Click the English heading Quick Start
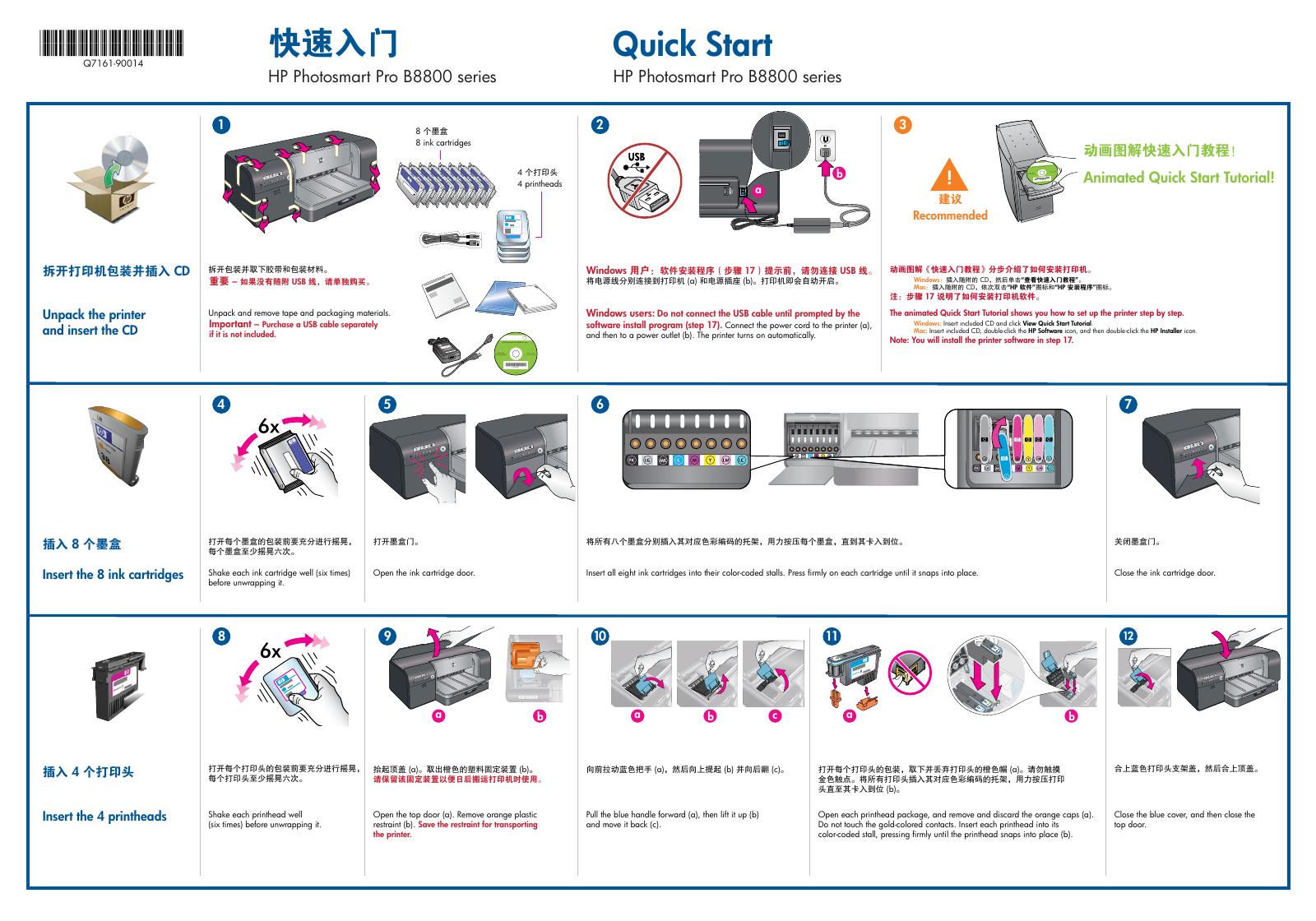click(693, 44)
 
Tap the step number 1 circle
click(220, 125)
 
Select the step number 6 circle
click(600, 404)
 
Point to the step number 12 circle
click(1128, 636)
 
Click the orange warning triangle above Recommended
click(949, 175)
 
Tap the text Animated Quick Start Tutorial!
click(1178, 177)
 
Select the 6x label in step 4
click(269, 428)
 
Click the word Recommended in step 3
click(949, 215)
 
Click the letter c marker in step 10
click(775, 715)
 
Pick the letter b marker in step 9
click(540, 715)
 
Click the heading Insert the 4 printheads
click(104, 816)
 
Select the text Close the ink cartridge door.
click(1164, 572)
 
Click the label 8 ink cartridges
click(443, 142)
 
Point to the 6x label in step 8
click(271, 651)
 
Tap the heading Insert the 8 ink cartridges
click(113, 574)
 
